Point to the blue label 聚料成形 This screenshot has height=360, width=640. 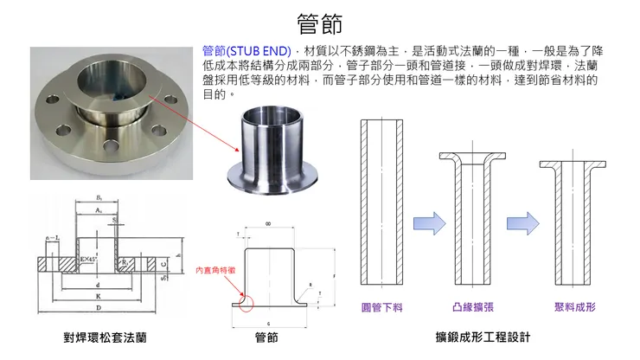[x=574, y=306]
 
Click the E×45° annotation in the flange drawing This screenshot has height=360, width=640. [x=88, y=259]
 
